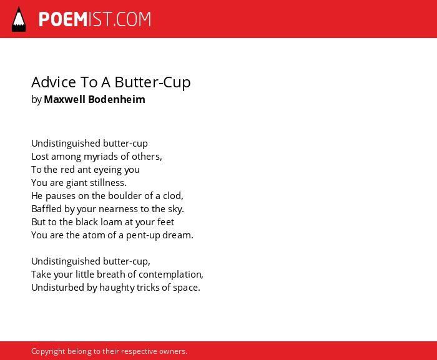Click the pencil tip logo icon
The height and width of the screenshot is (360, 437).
pyautogui.click(x=19, y=19)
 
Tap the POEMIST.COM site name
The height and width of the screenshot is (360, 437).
pyautogui.click(x=95, y=19)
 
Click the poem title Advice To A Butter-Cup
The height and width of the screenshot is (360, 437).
pyautogui.click(x=111, y=82)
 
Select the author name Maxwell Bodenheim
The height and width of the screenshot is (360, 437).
pyautogui.click(x=94, y=99)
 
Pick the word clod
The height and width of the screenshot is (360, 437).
pyautogui.click(x=173, y=196)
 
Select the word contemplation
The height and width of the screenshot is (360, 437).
pyautogui.click(x=171, y=275)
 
